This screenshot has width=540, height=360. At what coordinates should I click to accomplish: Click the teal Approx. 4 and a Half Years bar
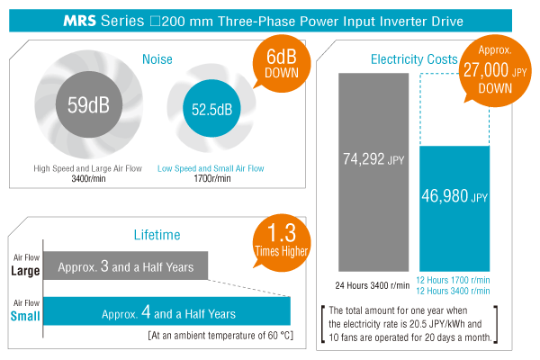[166, 312]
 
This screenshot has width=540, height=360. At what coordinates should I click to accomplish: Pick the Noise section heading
[157, 59]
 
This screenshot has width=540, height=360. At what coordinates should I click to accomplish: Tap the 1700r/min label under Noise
[212, 179]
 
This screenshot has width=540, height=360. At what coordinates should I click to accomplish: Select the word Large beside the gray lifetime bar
[22, 272]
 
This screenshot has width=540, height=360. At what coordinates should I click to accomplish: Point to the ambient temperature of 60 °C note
[220, 336]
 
